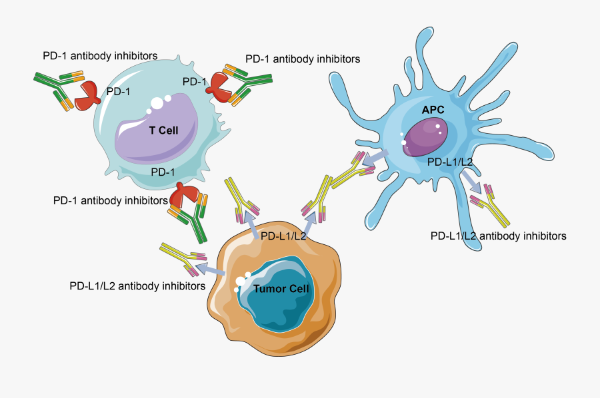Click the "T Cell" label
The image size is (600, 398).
click(163, 130)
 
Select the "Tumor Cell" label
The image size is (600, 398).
click(281, 289)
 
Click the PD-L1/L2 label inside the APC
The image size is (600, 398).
click(450, 161)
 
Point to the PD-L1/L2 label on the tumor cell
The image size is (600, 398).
click(283, 236)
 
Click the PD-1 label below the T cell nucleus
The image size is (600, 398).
click(163, 172)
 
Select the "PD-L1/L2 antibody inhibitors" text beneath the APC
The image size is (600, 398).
click(498, 236)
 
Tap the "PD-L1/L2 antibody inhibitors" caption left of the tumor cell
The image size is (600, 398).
click(137, 286)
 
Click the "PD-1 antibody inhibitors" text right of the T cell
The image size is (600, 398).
click(303, 59)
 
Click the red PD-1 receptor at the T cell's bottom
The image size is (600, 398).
click(185, 196)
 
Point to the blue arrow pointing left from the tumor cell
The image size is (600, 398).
click(214, 270)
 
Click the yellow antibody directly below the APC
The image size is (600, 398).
click(494, 209)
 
